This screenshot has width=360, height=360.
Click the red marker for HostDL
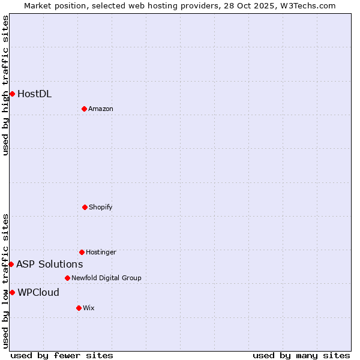[x=12, y=94]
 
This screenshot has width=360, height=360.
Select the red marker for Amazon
[x=84, y=109]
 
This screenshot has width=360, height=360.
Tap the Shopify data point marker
[x=85, y=207]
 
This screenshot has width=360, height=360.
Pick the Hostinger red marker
[x=82, y=252]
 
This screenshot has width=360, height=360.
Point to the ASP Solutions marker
[x=11, y=264]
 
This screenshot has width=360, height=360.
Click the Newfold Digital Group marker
[x=67, y=278]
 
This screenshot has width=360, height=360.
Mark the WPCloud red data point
[x=12, y=292]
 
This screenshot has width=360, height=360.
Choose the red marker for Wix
[x=79, y=308]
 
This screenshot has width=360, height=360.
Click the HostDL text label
[x=34, y=94]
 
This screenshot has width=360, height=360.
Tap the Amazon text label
[x=101, y=109]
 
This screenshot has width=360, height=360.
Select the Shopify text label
[x=101, y=207]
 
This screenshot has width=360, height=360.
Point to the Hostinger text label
[x=101, y=252]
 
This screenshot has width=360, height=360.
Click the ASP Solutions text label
[x=50, y=264]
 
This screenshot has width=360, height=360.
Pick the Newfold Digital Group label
[x=106, y=278]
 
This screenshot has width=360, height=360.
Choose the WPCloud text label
[x=38, y=292]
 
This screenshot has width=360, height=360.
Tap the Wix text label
[x=89, y=308]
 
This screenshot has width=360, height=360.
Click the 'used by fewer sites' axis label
[x=62, y=355]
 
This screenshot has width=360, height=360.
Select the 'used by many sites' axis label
[x=301, y=355]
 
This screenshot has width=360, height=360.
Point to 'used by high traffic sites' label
[x=5, y=85]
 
